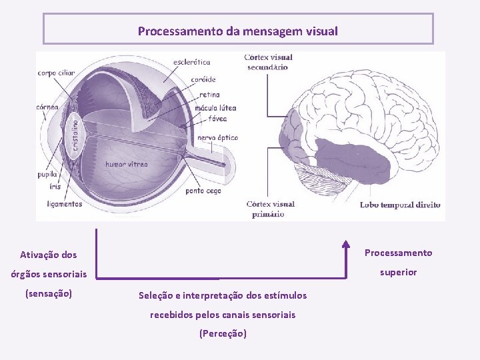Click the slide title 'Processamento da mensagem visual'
coord(238,31)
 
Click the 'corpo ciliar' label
coord(57,73)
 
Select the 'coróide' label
coord(203,80)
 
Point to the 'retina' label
coord(209,95)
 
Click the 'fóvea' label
coord(217,119)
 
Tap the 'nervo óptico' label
coord(217,138)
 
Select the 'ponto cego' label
coord(203,191)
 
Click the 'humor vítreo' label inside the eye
coord(127,164)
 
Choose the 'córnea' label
coord(47,107)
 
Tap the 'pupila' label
coord(48,175)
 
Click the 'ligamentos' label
coord(60,204)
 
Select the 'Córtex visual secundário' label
coord(269,62)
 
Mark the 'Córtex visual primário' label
coord(270,209)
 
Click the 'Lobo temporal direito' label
coord(401,205)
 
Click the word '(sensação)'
coord(48,293)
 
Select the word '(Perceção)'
coord(223,333)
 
